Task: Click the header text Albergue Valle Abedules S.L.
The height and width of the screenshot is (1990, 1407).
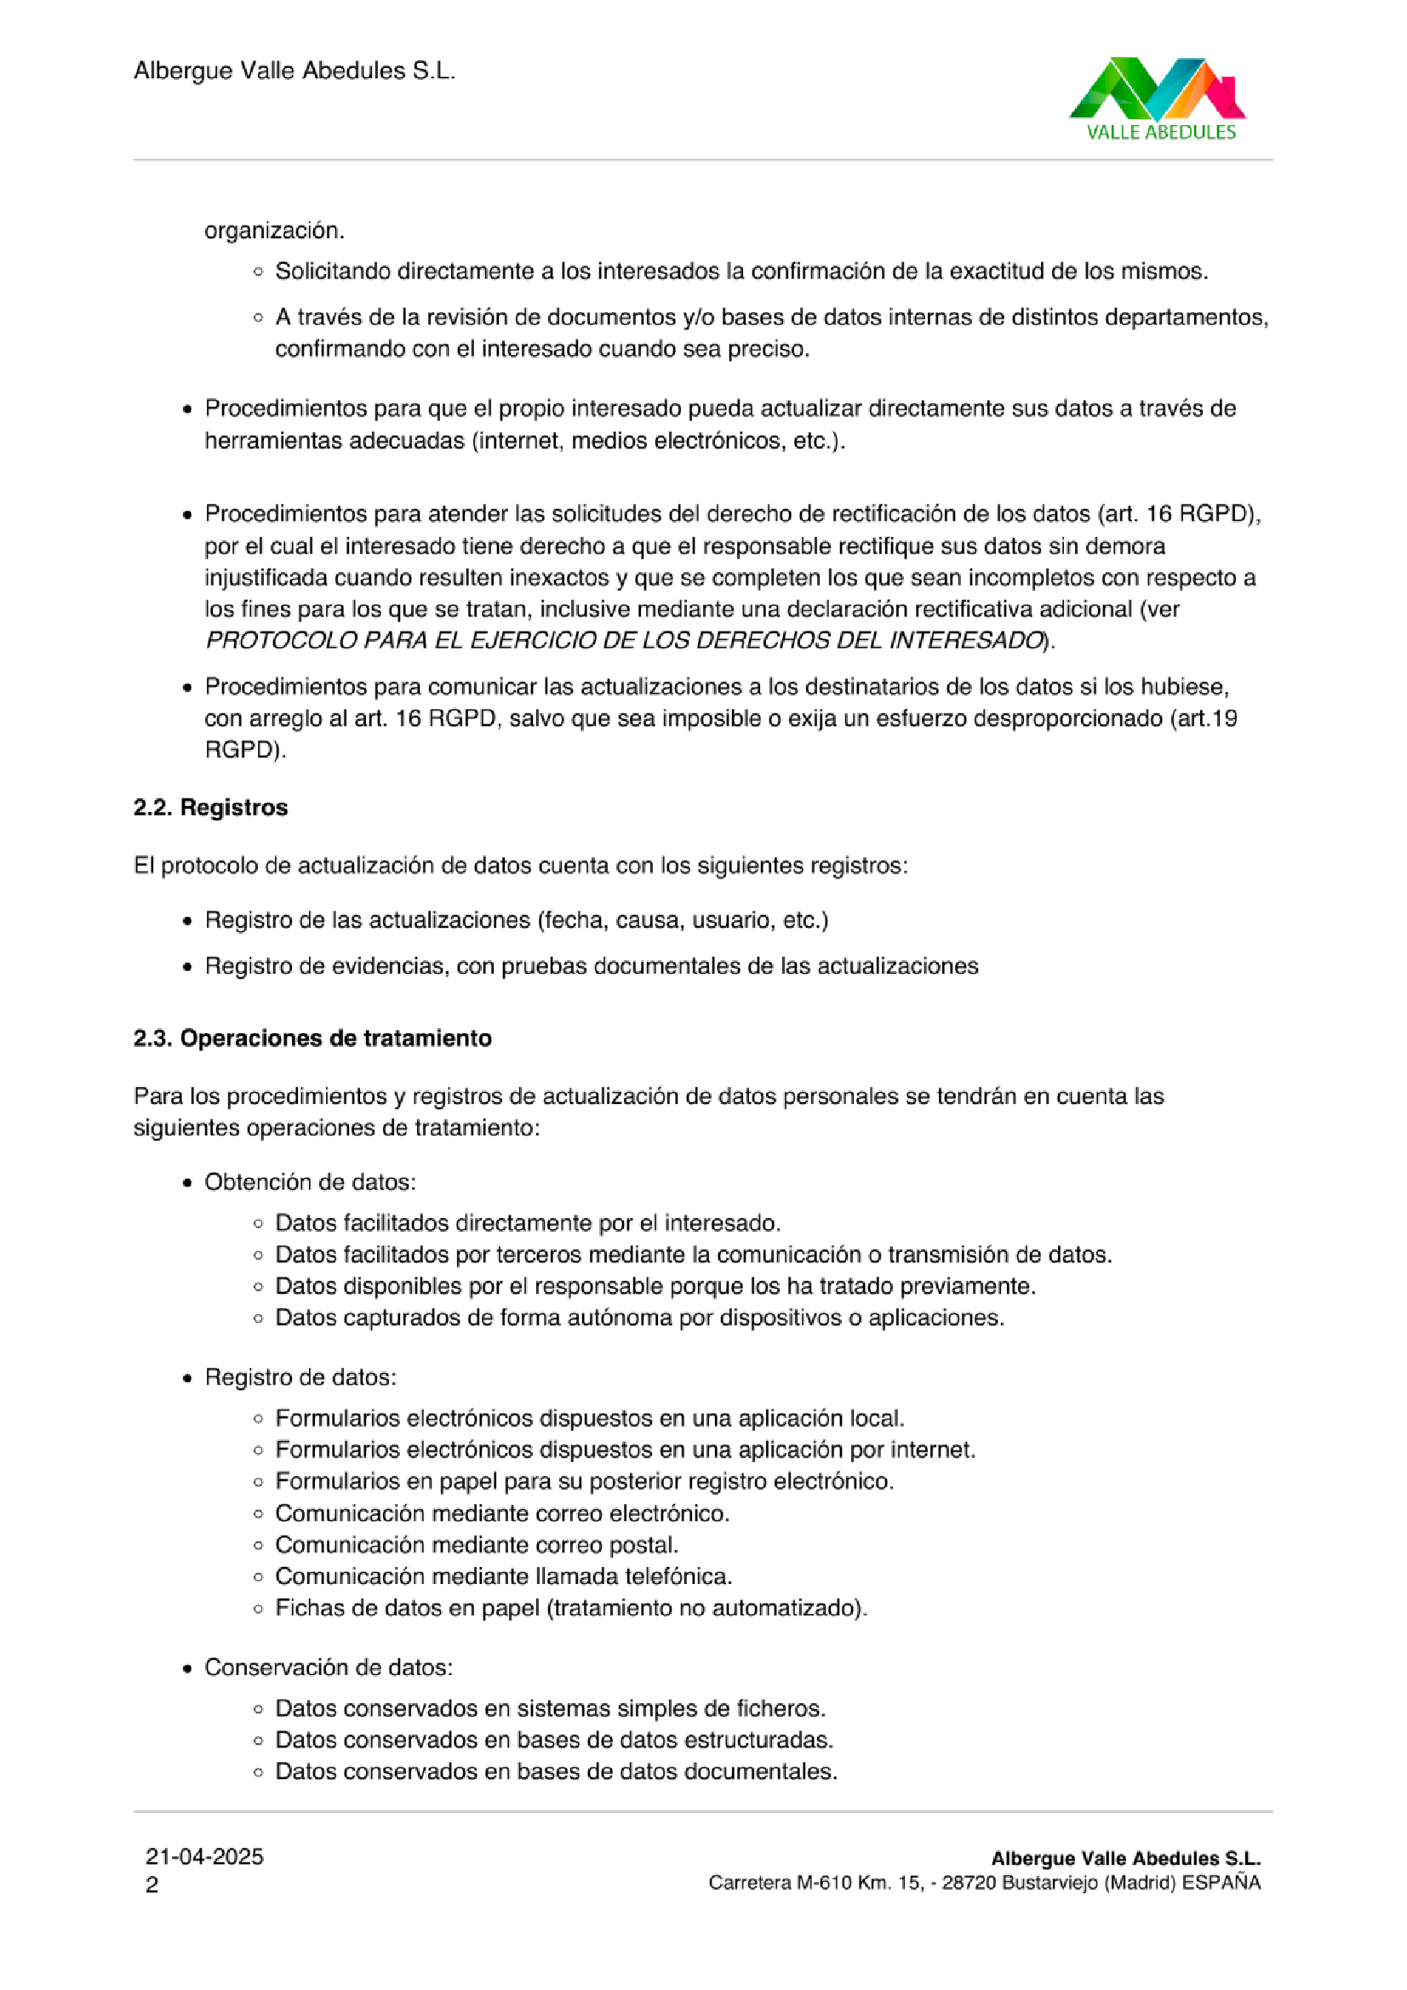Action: tap(294, 70)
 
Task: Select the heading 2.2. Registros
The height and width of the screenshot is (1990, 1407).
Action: tap(210, 807)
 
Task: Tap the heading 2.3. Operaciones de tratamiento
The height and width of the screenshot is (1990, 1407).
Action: tap(312, 1038)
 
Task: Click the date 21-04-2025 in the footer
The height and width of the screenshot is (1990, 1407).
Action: tap(204, 1856)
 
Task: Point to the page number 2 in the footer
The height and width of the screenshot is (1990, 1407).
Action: tap(152, 1885)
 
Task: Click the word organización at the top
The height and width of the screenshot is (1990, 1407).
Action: tap(274, 231)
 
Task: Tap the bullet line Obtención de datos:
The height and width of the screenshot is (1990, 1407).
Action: tap(311, 1182)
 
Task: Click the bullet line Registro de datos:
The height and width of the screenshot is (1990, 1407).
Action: tap(300, 1377)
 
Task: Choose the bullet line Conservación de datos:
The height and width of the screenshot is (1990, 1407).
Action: tap(329, 1667)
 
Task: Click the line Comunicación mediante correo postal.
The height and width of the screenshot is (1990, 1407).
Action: tap(477, 1545)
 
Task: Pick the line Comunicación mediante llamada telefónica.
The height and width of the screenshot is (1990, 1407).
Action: tap(504, 1575)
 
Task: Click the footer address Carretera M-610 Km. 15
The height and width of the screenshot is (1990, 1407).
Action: tap(815, 1883)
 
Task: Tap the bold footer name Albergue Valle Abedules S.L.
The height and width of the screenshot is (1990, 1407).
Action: tap(1125, 1858)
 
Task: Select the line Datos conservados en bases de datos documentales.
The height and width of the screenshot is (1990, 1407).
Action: tap(556, 1770)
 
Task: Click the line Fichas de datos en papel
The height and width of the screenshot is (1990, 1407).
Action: tap(571, 1608)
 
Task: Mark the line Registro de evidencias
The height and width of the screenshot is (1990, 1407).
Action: tap(592, 965)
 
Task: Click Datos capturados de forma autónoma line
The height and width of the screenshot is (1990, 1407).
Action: tap(639, 1318)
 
